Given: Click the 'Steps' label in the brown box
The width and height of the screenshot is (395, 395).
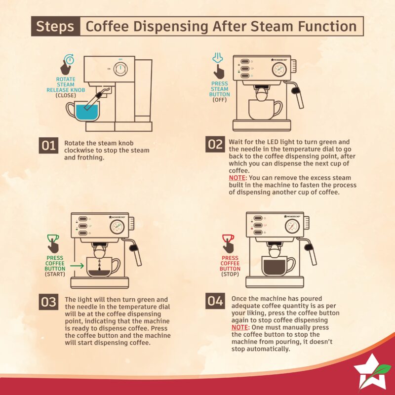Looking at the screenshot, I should click(x=55, y=26).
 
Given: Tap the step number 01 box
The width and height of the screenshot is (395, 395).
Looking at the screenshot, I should click(x=49, y=146).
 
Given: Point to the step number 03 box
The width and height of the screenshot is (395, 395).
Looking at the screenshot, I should click(x=49, y=302).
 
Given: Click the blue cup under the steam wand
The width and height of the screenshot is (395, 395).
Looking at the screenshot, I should click(x=82, y=112).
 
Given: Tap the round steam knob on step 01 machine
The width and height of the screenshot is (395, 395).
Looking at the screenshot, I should click(x=119, y=70).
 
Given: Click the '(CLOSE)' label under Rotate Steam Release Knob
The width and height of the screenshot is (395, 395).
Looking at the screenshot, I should click(x=65, y=96).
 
